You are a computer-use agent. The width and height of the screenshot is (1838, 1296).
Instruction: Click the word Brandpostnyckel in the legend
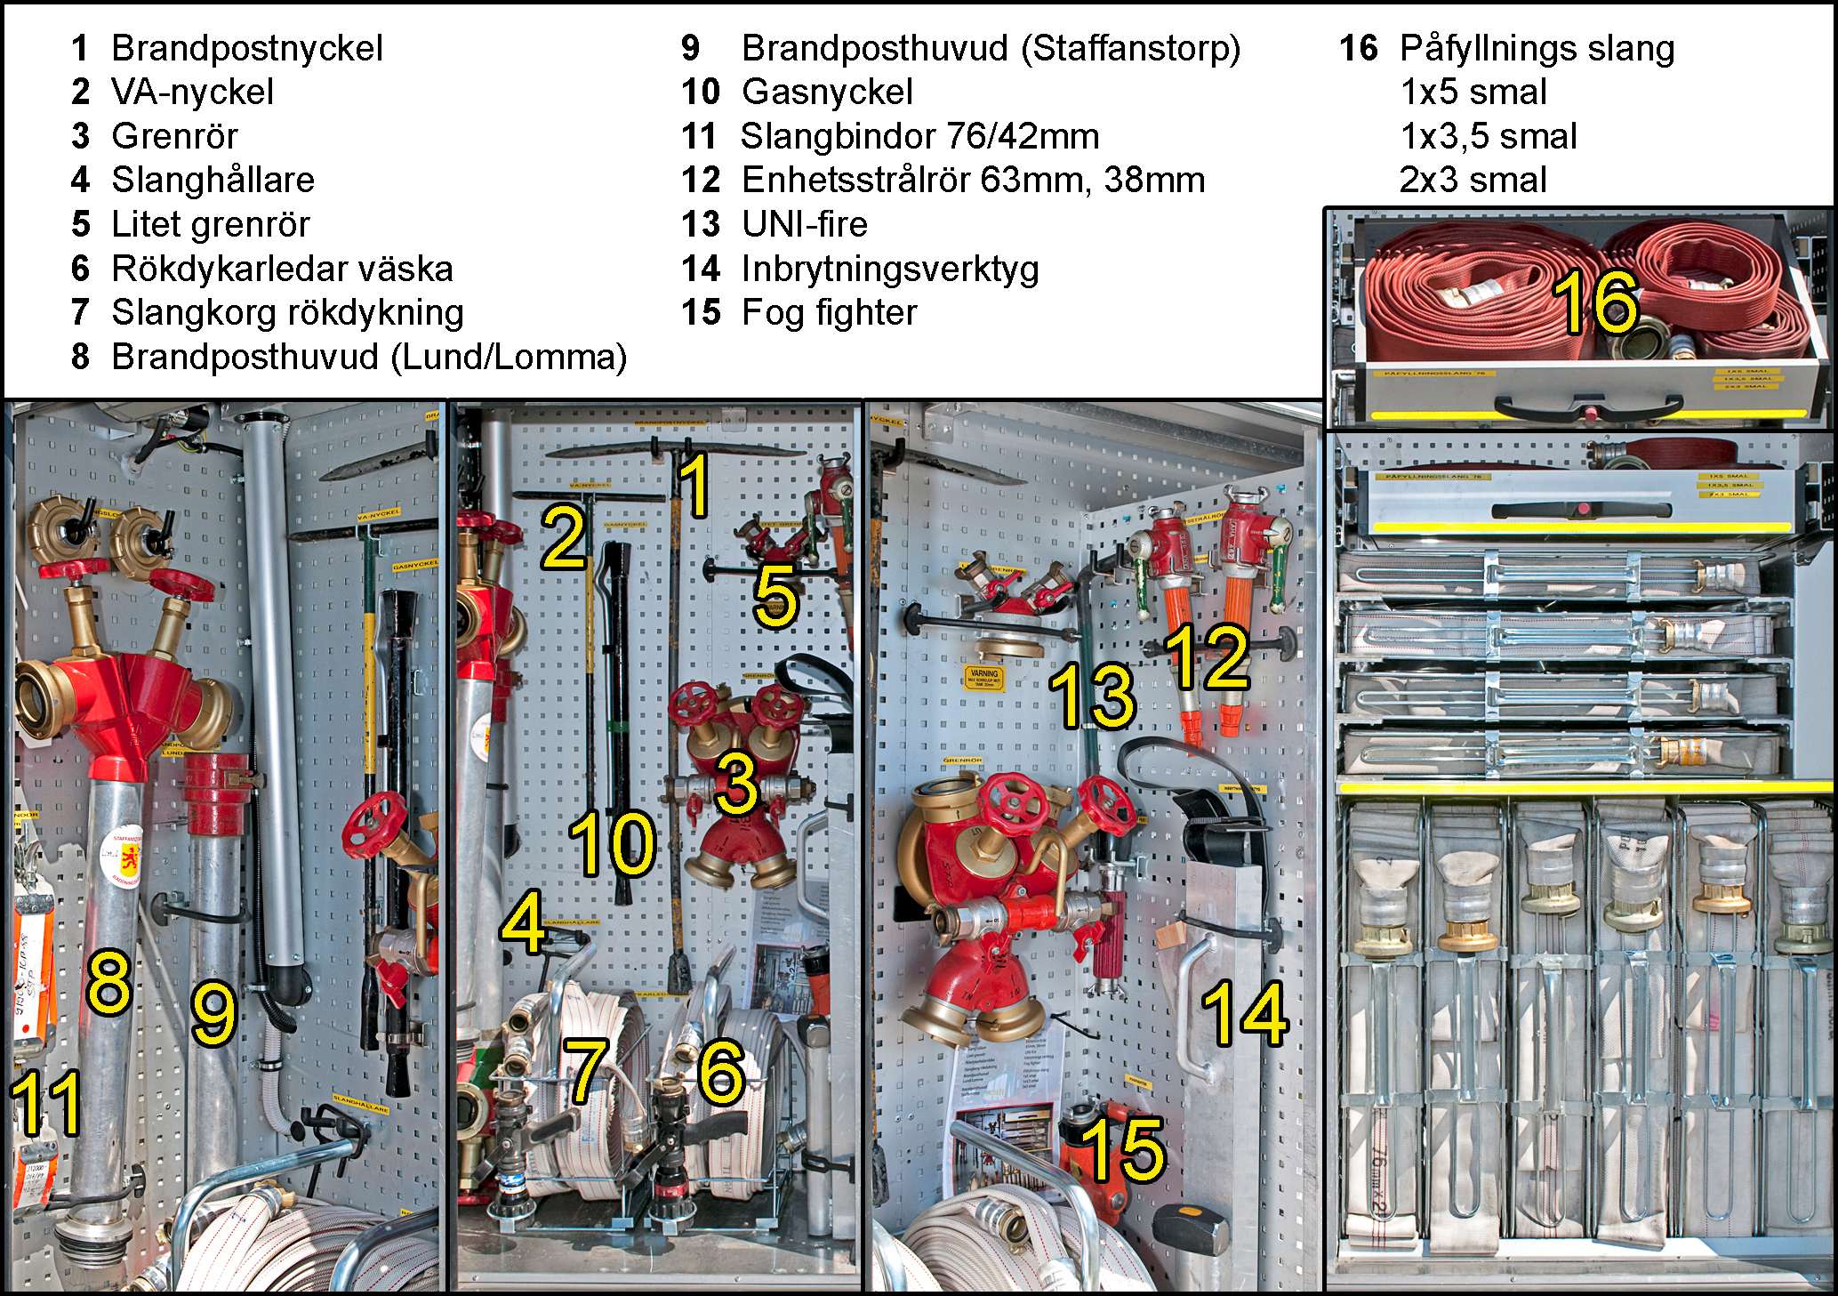246,48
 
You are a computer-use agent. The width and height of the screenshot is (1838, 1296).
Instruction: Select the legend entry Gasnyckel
827,92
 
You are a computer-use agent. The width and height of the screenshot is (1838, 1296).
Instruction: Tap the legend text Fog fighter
829,312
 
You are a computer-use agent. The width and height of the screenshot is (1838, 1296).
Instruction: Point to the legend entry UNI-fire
804,224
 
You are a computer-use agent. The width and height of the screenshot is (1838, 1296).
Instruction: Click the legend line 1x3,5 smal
1488,136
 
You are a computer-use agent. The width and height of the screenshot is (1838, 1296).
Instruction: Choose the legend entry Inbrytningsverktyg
889,269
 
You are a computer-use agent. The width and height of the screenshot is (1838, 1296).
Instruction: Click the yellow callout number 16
1595,302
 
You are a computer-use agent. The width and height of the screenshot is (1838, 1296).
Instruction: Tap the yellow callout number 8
108,982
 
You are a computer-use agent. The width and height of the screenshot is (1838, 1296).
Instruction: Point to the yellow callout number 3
737,783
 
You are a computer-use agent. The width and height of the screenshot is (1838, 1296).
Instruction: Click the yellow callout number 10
612,842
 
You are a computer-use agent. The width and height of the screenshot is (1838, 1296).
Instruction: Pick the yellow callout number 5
775,597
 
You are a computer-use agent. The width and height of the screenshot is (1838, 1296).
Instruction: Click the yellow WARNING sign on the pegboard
984,678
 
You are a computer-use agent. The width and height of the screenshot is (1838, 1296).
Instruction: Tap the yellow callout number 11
46,1103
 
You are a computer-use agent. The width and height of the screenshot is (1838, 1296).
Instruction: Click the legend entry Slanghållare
213,180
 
